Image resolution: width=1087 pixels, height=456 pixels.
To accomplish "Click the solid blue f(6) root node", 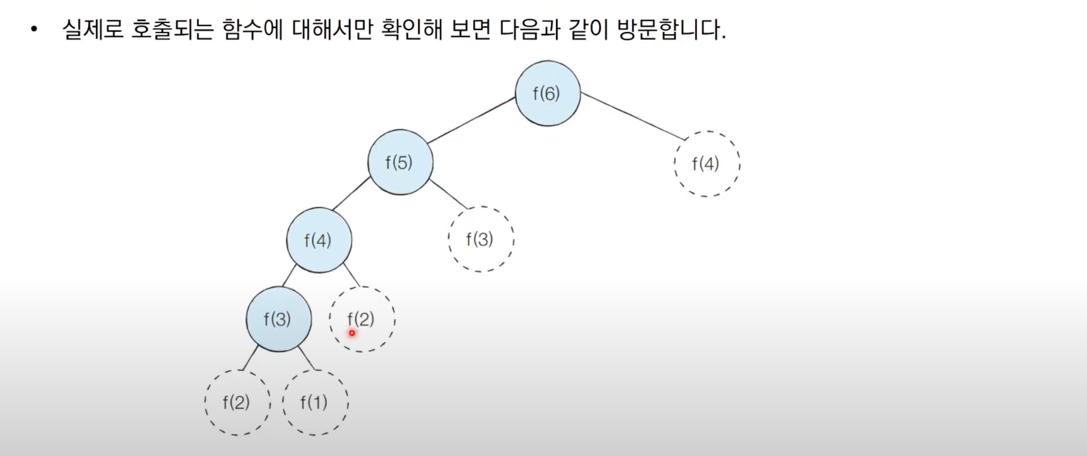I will pos(548,93).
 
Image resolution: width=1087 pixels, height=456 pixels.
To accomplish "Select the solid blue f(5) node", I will pos(400,163).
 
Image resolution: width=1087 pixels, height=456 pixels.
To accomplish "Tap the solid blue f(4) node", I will pos(319,240).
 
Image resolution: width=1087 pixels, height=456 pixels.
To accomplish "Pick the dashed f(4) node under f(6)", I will pos(707,164).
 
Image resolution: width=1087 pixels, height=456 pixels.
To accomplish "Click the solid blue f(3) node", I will pos(279,319).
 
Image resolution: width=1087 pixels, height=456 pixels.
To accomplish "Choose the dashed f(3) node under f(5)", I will pos(481,239).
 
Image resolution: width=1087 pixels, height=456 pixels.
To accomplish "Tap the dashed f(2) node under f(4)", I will pos(362,319).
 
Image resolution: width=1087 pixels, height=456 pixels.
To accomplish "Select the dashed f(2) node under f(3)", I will pos(237,402).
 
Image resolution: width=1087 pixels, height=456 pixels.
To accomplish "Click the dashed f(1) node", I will pos(315,402).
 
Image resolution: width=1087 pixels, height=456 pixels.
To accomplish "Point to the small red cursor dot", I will pos(352,333).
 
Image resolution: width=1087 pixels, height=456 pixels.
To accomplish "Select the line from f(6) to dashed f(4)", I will pos(632,116).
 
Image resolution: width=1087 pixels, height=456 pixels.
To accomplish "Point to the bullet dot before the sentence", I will pos(33,30).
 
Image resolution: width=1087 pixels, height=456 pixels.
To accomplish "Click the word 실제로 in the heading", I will pos(93,30).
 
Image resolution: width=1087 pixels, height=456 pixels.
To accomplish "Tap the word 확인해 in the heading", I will pos(412,30).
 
